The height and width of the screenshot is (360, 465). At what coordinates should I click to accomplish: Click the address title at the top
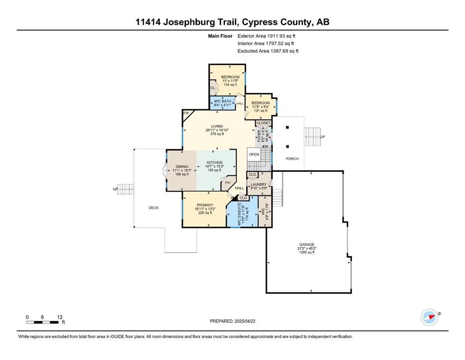coord(232,22)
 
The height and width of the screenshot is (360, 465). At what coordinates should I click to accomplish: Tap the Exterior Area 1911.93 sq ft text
coord(266,36)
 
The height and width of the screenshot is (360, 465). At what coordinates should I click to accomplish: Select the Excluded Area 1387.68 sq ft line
coord(268,51)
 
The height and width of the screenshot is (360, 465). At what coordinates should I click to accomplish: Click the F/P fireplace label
coord(185,113)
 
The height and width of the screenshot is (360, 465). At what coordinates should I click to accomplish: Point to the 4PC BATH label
coord(222,101)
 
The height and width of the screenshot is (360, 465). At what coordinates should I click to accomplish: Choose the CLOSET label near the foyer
coord(263,123)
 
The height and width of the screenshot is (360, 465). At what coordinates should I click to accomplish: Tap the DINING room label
coord(182,166)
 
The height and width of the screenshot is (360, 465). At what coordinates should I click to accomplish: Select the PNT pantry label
coord(229,183)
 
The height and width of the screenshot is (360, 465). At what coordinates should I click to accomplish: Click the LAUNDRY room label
coord(258,184)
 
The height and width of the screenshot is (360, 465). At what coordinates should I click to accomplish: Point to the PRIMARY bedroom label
coord(205,205)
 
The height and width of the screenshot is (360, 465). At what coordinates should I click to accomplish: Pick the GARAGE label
coord(307,245)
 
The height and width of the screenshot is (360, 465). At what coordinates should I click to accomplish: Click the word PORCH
coord(292,158)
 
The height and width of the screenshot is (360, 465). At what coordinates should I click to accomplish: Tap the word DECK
coord(154,208)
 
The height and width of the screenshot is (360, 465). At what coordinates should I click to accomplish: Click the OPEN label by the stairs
coord(254,154)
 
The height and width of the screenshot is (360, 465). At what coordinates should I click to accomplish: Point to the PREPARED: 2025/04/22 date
coord(232,321)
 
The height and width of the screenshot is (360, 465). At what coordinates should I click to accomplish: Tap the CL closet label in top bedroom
coord(212,88)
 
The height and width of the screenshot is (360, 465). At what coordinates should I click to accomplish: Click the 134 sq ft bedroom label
coord(230,85)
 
